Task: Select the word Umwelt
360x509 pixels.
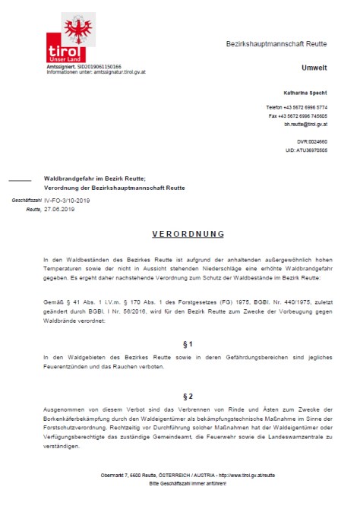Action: pyautogui.click(x=314, y=68)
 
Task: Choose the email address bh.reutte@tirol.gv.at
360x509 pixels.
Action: pyautogui.click(x=305, y=124)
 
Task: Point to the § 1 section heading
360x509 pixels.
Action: pyautogui.click(x=180, y=344)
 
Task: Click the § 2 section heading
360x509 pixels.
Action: pyautogui.click(x=180, y=397)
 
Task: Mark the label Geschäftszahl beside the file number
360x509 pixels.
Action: pyautogui.click(x=27, y=200)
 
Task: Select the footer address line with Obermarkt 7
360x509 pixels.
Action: pyautogui.click(x=179, y=476)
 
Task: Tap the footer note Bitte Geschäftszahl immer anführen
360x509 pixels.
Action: pyautogui.click(x=180, y=484)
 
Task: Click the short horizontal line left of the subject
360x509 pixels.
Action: pyautogui.click(x=20, y=179)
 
